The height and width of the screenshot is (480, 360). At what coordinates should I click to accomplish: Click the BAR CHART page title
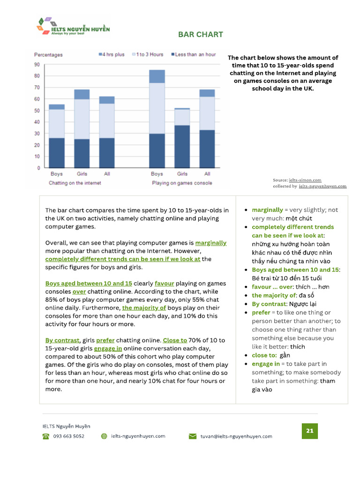(x=200, y=34)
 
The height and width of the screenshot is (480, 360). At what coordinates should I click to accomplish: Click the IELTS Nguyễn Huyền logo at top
(x=74, y=26)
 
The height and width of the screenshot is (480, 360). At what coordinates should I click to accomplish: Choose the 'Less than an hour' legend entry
(x=194, y=55)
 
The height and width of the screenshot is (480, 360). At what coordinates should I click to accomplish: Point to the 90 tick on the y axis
(x=37, y=65)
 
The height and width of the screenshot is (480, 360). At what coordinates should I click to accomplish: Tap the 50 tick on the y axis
(x=37, y=111)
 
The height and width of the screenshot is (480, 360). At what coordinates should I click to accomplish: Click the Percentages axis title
(x=48, y=55)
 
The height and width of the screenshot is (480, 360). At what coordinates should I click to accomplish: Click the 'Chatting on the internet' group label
(x=75, y=183)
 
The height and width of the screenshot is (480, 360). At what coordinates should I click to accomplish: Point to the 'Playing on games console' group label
(x=182, y=183)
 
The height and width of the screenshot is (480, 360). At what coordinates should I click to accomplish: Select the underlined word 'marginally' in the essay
(x=210, y=243)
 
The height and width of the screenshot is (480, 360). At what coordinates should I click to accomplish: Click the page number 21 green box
(x=309, y=431)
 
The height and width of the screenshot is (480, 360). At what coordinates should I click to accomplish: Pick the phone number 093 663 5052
(x=68, y=436)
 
